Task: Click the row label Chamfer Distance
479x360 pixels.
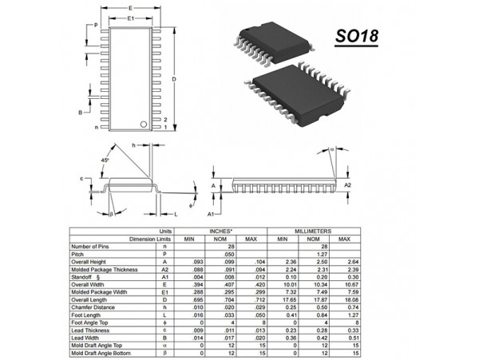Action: (94, 307)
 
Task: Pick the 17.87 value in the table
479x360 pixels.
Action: (315, 299)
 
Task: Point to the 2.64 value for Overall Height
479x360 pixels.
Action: (345, 261)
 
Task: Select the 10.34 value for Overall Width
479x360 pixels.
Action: (315, 284)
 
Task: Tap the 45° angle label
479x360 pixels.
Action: (105, 160)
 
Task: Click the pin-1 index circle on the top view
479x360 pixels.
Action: (144, 124)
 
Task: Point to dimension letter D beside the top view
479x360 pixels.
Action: (174, 80)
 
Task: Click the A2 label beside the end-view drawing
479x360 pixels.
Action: (347, 184)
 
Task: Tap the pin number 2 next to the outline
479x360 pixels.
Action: (165, 118)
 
